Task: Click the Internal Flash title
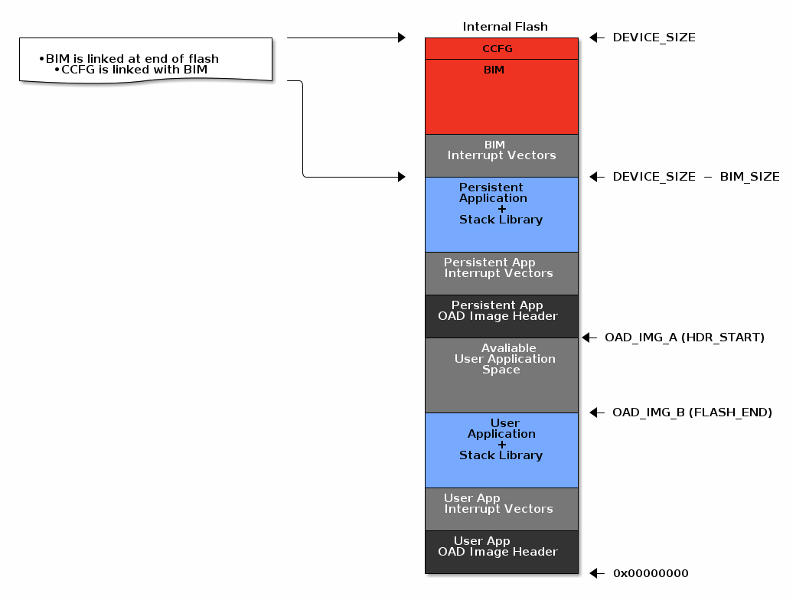point(505,27)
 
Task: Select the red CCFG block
point(501,48)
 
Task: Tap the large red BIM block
point(501,97)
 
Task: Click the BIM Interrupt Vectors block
point(501,155)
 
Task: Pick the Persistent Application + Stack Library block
point(501,214)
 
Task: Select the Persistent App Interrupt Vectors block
point(501,273)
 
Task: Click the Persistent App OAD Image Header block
point(501,316)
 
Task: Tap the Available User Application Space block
point(501,375)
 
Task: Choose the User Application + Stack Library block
point(501,450)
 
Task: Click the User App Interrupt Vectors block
point(501,509)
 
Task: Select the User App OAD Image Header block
point(501,552)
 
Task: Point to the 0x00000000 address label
point(651,573)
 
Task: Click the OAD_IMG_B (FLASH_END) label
point(692,412)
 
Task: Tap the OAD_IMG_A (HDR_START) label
point(684,337)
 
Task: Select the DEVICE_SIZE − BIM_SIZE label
point(696,177)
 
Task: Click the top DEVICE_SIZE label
point(654,37)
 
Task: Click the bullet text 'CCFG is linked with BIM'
point(134,70)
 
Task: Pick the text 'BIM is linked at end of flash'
point(132,59)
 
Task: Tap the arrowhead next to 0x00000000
point(595,573)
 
